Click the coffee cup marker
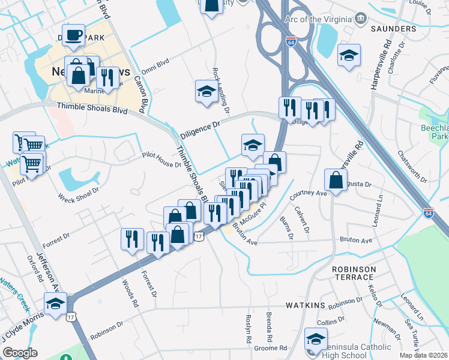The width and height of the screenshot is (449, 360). coord(73,35)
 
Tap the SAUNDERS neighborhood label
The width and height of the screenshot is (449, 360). coord(394,29)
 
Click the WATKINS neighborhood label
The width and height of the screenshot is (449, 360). coord(306,305)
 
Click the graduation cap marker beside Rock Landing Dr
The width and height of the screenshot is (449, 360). coord(206,92)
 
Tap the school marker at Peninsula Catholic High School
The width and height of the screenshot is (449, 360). coord(316,340)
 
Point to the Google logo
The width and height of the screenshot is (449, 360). coord(20,353)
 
